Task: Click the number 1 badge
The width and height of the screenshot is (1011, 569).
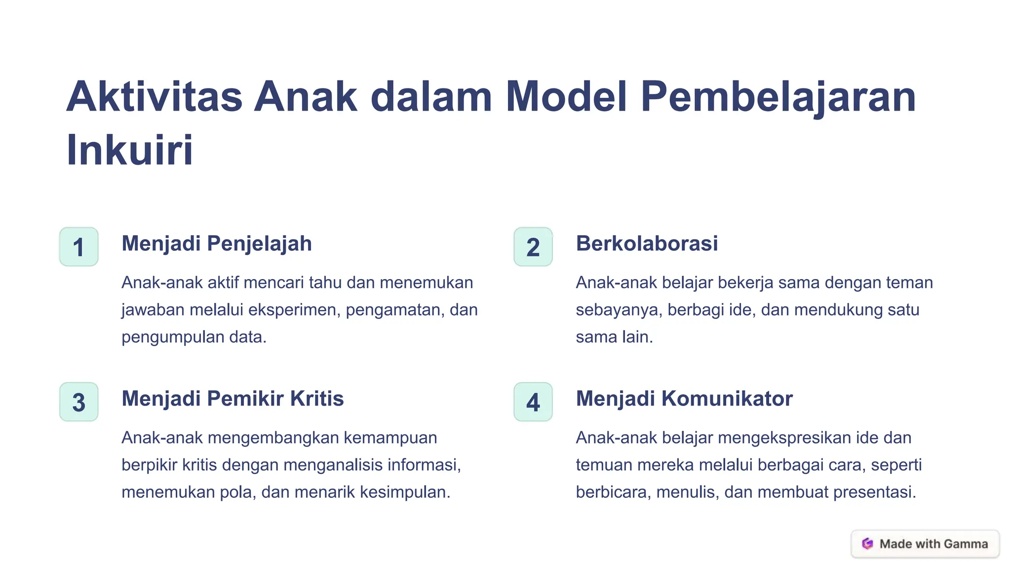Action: [x=78, y=247]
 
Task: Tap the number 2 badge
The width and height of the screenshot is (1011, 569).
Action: [x=533, y=247]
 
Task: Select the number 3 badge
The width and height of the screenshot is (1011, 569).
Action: [x=78, y=402]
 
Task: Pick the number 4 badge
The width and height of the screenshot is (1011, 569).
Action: [x=533, y=402]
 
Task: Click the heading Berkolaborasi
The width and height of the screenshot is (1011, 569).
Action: [x=647, y=244]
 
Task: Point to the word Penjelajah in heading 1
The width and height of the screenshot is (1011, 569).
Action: [x=259, y=244]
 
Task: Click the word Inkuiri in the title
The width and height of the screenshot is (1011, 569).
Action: [x=129, y=150]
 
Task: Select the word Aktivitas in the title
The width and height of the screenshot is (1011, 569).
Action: [x=155, y=96]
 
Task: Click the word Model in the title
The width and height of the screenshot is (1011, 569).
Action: [x=566, y=96]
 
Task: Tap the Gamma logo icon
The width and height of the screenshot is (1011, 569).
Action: [x=867, y=544]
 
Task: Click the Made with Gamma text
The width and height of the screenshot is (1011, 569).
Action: [x=933, y=544]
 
